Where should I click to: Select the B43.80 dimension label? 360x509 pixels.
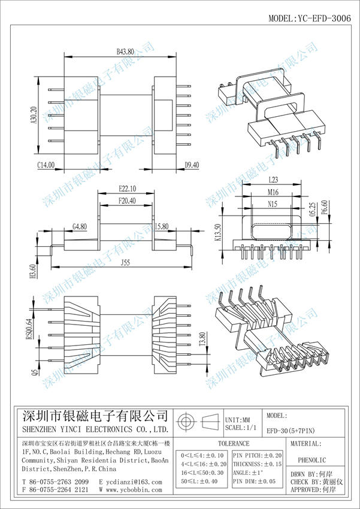click(x=125, y=53)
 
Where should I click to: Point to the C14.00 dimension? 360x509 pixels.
click(x=46, y=164)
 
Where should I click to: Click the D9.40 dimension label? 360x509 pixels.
click(x=192, y=164)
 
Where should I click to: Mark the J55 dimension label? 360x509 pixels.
click(x=125, y=262)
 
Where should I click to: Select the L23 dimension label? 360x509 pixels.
click(x=272, y=180)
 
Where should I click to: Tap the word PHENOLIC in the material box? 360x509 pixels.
click(x=311, y=460)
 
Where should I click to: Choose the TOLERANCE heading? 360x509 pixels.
click(x=233, y=444)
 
